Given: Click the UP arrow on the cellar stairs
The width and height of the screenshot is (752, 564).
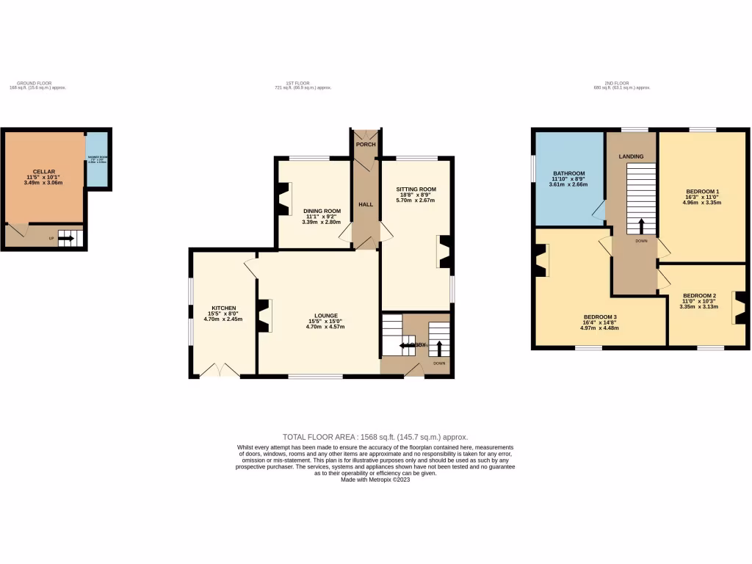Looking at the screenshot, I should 66,238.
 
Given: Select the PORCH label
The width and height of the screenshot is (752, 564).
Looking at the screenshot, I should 365,144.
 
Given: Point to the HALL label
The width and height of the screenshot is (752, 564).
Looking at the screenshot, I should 365,204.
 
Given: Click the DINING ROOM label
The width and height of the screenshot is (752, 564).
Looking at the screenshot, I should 322,211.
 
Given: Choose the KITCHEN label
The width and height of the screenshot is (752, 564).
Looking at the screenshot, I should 224,308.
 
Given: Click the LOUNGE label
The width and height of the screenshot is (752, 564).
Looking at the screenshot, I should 322,315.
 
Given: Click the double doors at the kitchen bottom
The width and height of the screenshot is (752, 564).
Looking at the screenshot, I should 219,370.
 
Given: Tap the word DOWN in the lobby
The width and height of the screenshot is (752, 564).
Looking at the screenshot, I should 439,363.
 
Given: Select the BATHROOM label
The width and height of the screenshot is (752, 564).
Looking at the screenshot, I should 568,173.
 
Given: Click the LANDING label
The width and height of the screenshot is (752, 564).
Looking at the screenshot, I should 631,156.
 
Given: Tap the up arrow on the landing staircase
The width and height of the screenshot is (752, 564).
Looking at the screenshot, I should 641,225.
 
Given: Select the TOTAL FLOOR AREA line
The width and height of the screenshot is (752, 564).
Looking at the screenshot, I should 375,436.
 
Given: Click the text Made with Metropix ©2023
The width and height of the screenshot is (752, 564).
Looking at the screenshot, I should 375,480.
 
